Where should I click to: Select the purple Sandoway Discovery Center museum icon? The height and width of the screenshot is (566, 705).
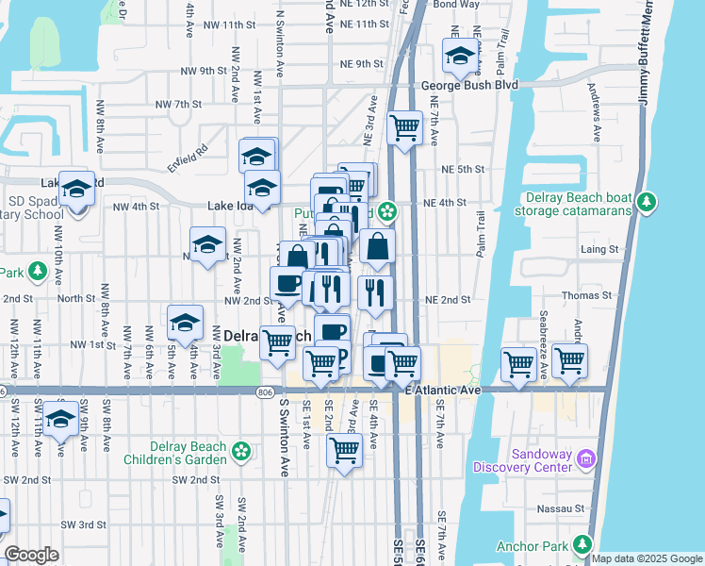(586, 458)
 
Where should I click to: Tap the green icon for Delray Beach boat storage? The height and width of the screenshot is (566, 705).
(647, 201)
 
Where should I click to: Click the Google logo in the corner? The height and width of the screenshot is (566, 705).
(31, 555)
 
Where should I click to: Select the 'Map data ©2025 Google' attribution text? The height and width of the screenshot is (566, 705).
(647, 558)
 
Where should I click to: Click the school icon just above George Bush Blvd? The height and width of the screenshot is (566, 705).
(459, 57)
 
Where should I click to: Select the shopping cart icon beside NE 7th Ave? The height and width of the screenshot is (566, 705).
(404, 125)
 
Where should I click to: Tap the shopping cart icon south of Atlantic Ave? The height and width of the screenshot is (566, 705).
(344, 451)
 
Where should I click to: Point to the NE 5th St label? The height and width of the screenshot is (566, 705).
(462, 169)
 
